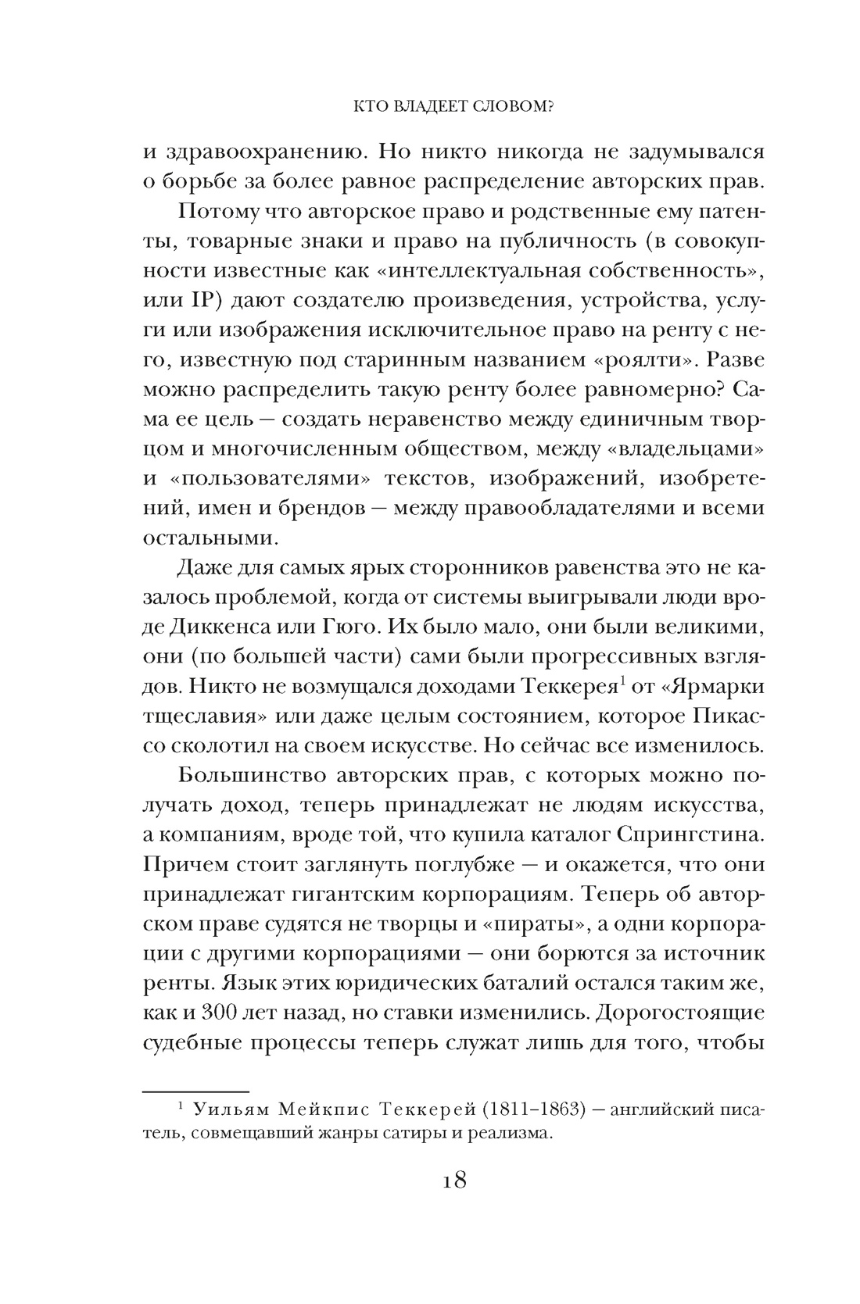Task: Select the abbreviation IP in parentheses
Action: (209, 302)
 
